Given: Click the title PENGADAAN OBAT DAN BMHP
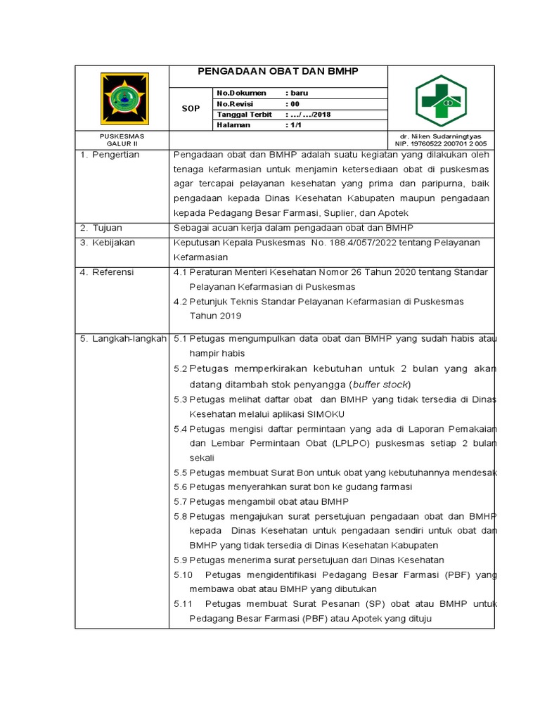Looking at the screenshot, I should click(x=278, y=72).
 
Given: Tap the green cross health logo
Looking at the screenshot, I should click(x=440, y=98).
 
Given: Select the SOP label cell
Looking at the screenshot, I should click(x=191, y=109).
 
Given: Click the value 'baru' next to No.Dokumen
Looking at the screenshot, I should click(x=297, y=93).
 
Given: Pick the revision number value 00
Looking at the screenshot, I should click(x=295, y=103).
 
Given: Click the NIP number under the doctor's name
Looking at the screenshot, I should click(x=441, y=143).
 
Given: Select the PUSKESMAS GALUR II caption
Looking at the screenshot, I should click(x=122, y=139).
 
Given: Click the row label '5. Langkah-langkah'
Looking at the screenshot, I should click(x=122, y=339).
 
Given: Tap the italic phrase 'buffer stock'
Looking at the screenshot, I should click(x=380, y=385).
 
